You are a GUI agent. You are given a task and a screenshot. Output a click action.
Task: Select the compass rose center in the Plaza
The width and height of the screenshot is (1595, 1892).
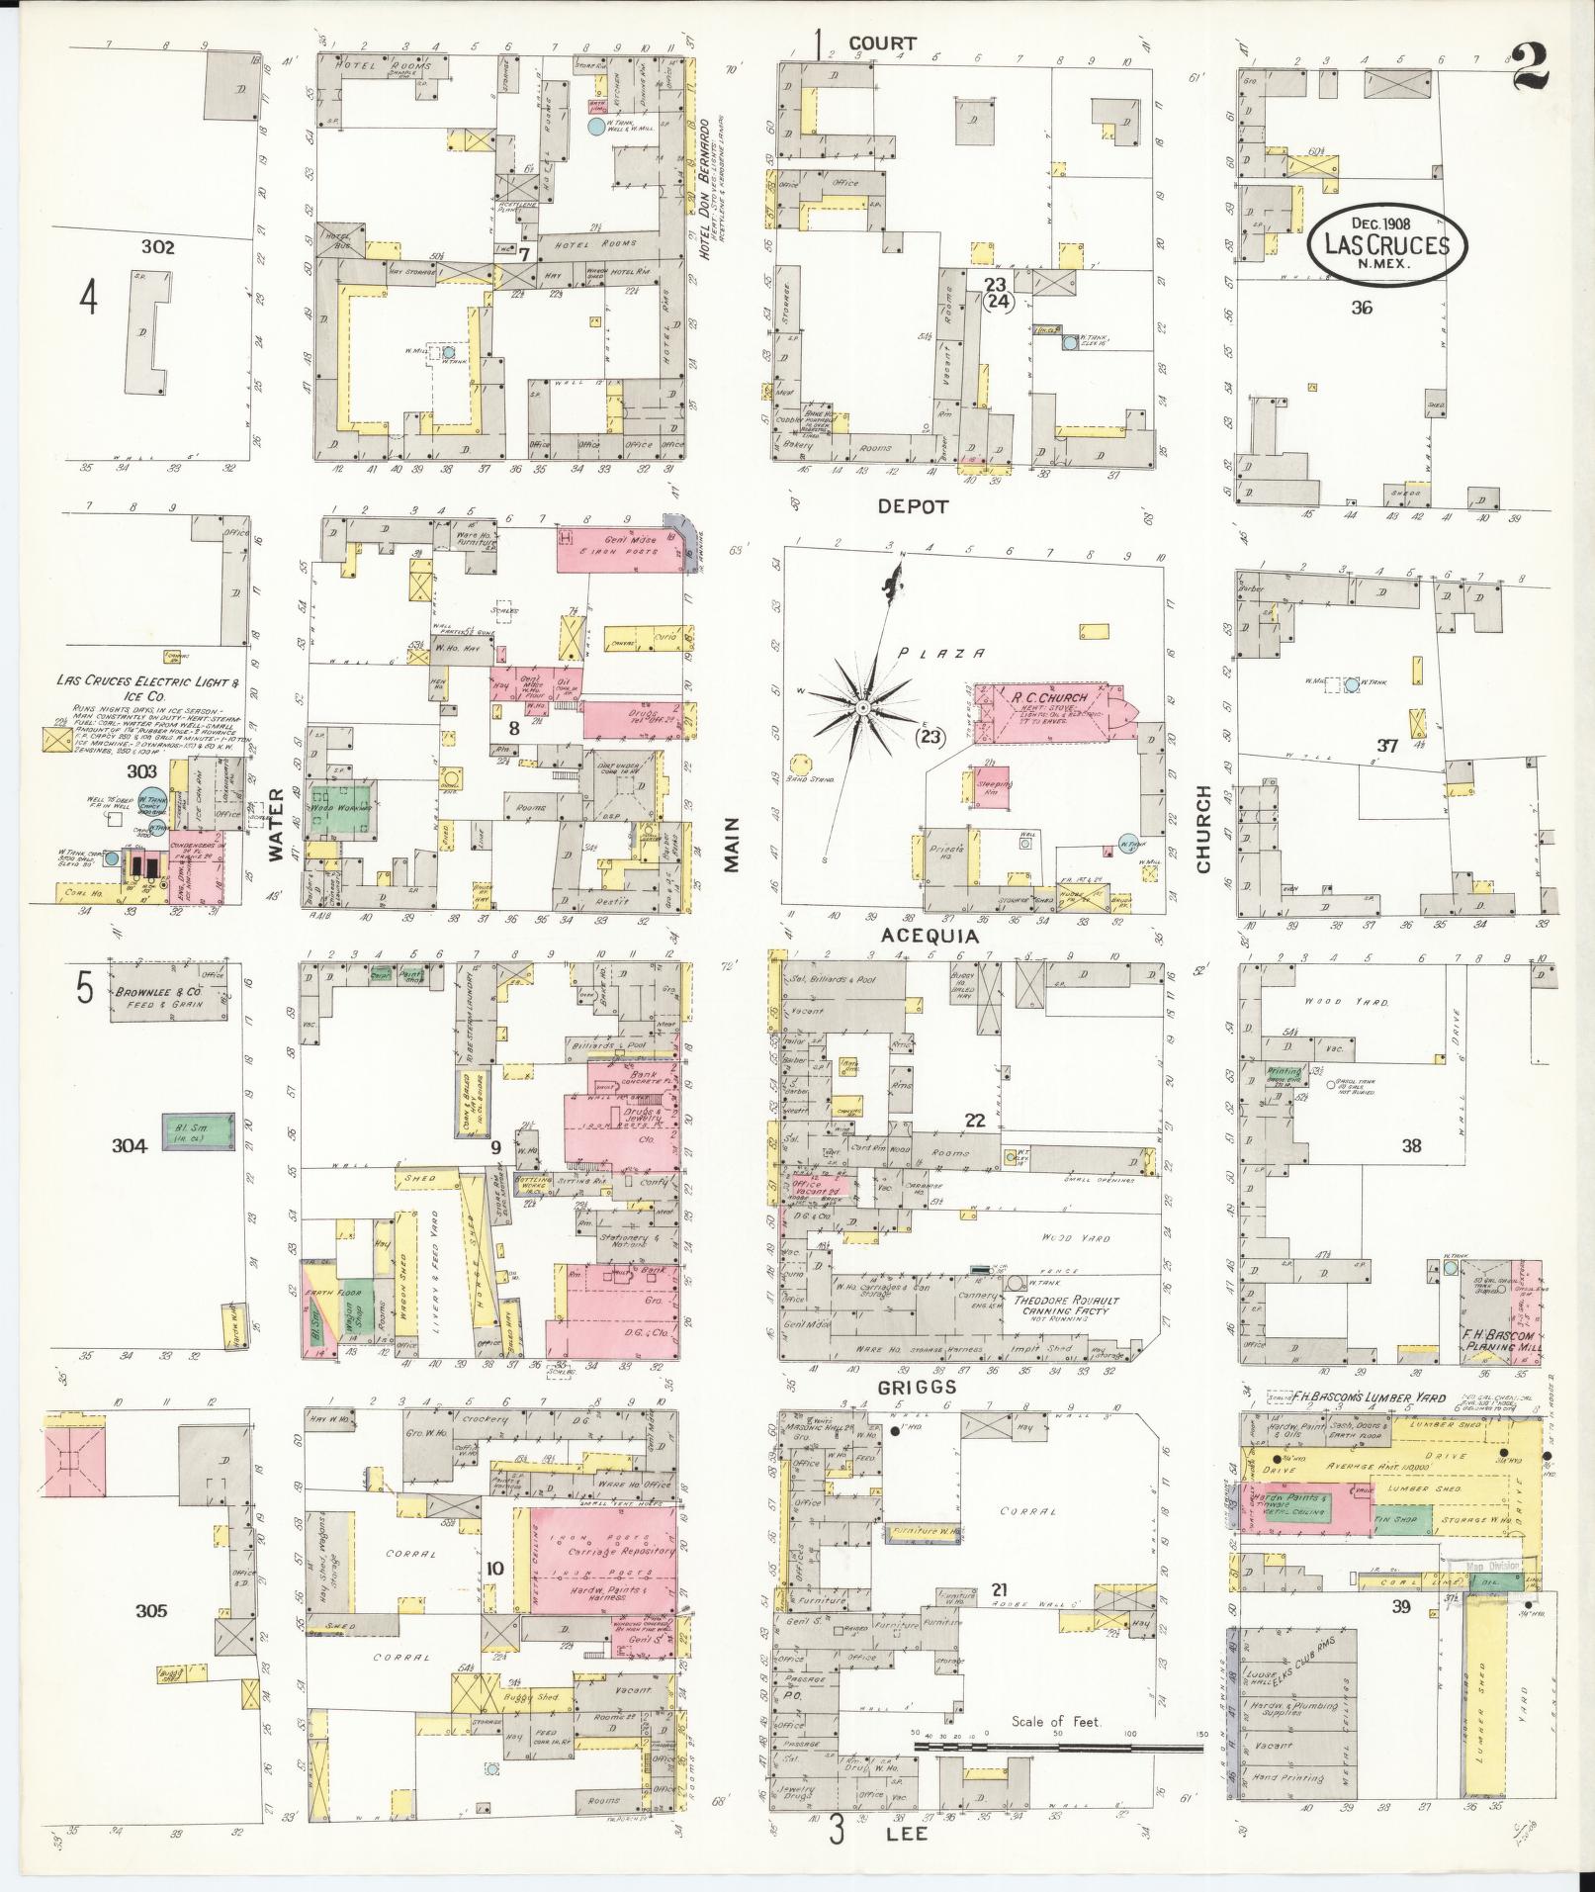tap(863, 709)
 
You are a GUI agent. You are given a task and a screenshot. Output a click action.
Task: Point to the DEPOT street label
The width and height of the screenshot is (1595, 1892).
tap(913, 506)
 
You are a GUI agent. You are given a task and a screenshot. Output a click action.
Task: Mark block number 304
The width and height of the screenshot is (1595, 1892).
tap(130, 1146)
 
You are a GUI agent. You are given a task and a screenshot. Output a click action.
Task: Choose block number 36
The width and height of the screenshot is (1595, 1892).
tap(1362, 308)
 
